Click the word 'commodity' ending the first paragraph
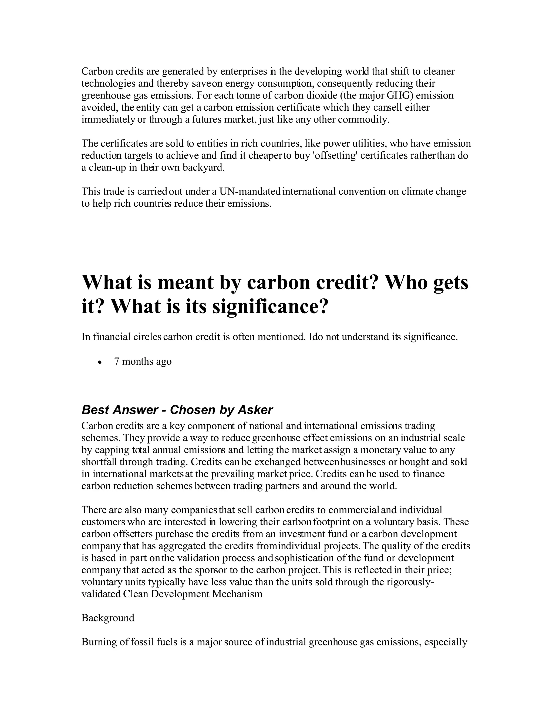point(363,120)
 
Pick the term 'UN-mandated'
point(250,192)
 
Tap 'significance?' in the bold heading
point(270,307)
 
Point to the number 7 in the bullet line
point(117,362)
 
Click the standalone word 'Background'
point(108,618)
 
